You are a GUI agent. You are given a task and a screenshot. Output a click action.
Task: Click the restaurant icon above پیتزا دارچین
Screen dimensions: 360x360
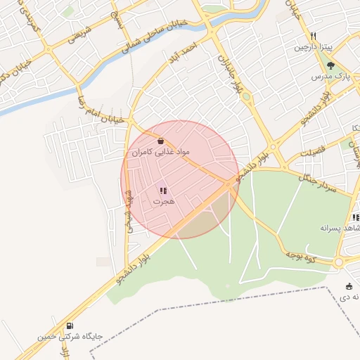click(x=314, y=37)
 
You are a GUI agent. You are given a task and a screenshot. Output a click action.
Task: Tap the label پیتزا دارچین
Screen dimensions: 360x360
click(x=311, y=47)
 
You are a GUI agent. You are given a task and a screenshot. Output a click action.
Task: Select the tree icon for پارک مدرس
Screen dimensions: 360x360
click(x=330, y=65)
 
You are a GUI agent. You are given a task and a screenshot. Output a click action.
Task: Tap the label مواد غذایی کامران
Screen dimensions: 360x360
click(x=161, y=152)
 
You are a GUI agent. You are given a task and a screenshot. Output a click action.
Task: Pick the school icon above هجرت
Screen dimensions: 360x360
click(x=163, y=191)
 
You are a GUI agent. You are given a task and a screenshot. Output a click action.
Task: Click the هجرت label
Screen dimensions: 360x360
click(x=163, y=201)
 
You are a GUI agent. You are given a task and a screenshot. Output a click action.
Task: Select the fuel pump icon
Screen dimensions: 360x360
click(x=70, y=326)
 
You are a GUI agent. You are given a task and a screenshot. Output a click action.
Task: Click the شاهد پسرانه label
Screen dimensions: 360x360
click(x=340, y=228)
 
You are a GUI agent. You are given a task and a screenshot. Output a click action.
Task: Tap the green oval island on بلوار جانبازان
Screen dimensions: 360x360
click(x=246, y=96)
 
